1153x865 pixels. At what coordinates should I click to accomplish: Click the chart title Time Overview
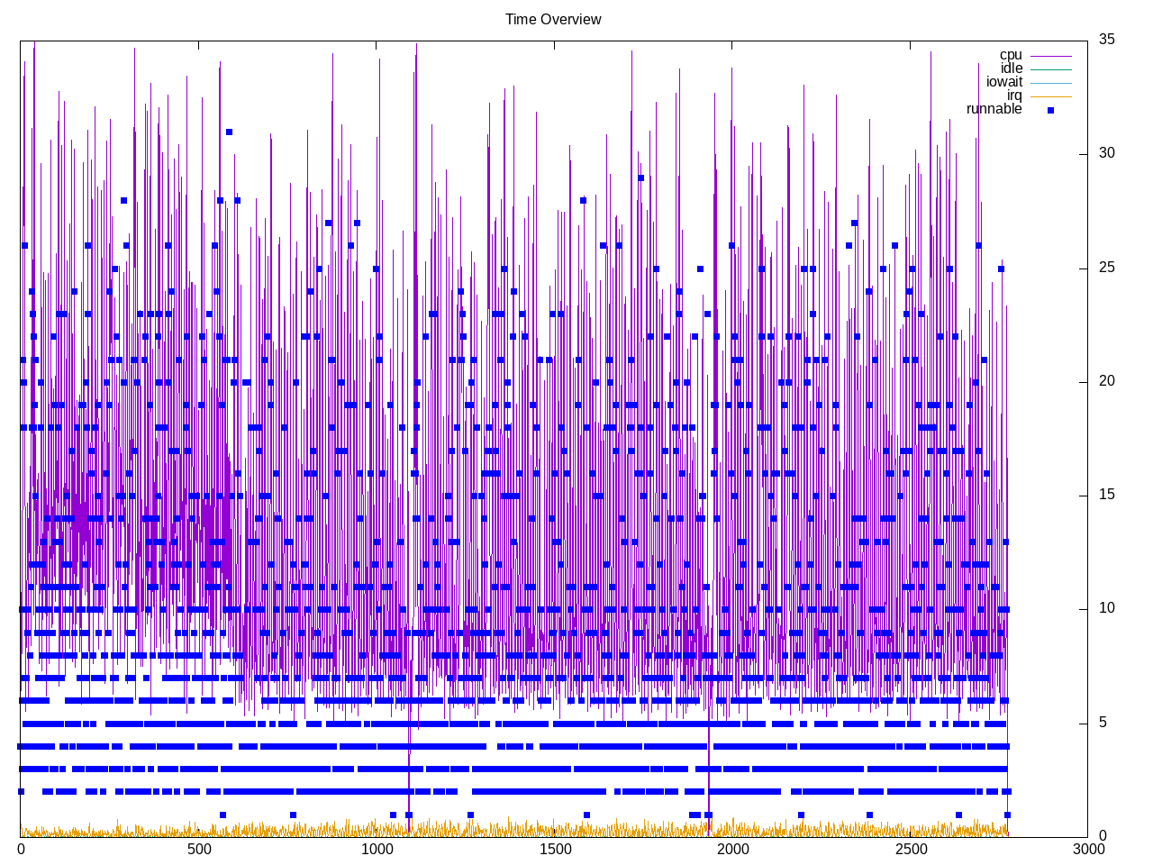pos(553,20)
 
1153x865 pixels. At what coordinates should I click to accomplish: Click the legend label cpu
pos(1011,55)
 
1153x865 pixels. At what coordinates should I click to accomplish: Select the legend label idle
pos(1012,68)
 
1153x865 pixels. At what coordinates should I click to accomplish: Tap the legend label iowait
pos(1003,82)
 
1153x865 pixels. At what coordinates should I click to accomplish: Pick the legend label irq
pos(1014,96)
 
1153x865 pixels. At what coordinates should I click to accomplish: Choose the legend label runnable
pos(994,109)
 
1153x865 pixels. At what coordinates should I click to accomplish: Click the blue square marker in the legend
pos(1050,110)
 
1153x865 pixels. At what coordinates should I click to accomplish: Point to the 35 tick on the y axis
pos(1106,39)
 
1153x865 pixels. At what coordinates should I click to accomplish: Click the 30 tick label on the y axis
pos(1106,153)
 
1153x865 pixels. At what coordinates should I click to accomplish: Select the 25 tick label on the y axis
pos(1106,268)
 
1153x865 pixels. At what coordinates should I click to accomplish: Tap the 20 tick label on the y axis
pos(1106,381)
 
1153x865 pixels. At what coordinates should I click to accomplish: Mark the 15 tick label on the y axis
pos(1106,495)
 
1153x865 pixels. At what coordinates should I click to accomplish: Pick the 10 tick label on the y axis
pos(1106,608)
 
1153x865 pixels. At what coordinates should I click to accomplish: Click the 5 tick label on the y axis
pos(1103,723)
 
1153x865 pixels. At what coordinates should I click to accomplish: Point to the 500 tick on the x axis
pos(199,849)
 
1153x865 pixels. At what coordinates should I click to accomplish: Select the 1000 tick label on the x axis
pos(377,849)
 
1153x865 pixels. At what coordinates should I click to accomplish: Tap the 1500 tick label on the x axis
pos(555,849)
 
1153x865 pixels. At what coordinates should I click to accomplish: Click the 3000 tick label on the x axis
pos(1088,849)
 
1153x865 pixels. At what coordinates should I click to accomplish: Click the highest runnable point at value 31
pos(230,132)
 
